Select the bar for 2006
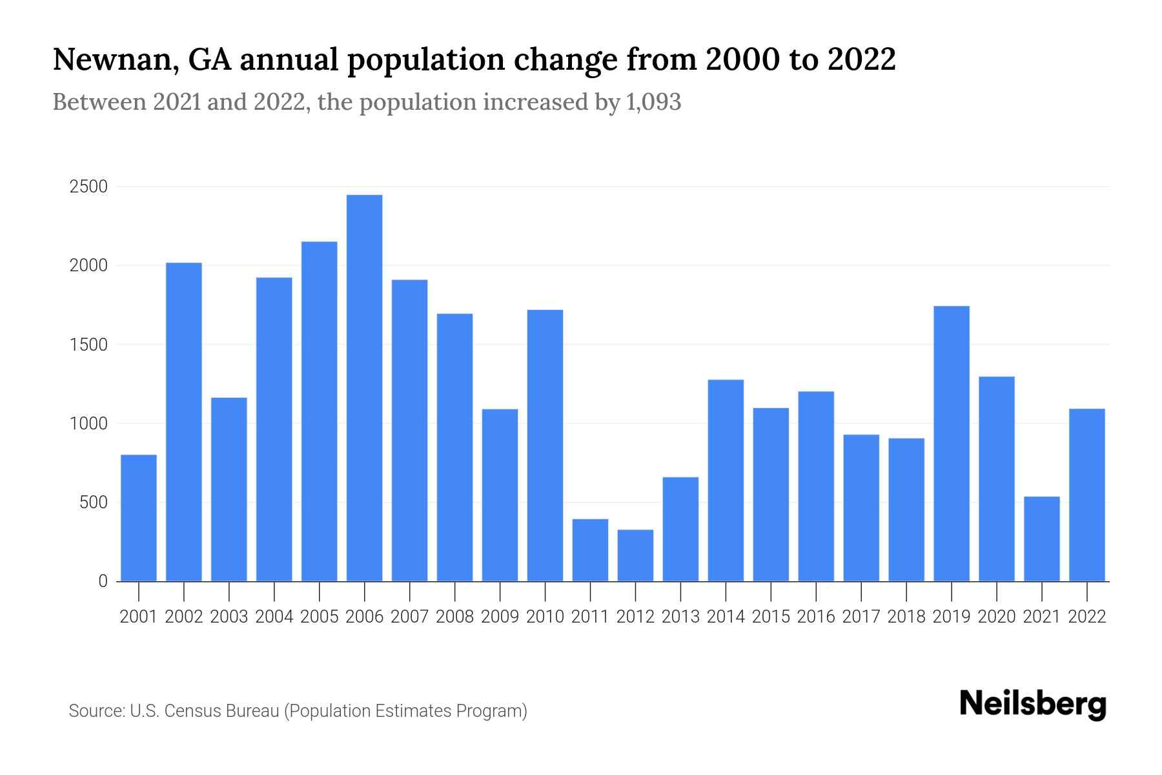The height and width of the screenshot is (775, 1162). pos(364,387)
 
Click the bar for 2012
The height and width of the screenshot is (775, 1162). pos(635,555)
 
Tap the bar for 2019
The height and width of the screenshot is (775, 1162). pos(952,444)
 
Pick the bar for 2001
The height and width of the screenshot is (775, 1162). pos(139,518)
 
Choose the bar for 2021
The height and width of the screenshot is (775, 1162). pos(1042,539)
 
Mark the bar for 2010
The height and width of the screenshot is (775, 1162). pos(545,446)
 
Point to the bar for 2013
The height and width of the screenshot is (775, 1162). pos(680,529)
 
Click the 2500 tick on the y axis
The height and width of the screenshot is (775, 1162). pos(88,187)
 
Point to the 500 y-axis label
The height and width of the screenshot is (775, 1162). pos(94,503)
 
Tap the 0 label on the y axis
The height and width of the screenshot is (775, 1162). pos(103,582)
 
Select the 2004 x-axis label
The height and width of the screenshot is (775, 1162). pos(274,617)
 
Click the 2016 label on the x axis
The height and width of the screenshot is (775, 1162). pos(816,617)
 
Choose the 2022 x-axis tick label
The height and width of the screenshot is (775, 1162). pos(1087,617)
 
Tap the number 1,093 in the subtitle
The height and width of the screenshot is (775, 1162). pos(653,102)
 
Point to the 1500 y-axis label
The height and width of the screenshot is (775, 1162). pos(88,345)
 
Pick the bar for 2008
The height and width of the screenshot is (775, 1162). pos(454,447)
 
